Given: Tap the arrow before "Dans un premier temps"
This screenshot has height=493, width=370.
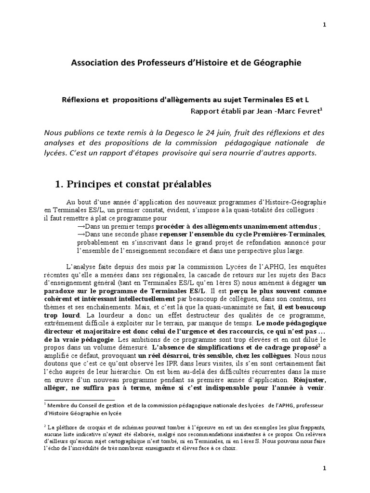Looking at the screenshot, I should pos(81,226).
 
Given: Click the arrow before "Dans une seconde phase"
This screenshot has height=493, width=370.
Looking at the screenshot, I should pos(81,234).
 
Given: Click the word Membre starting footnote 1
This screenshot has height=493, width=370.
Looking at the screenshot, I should pos(60,406).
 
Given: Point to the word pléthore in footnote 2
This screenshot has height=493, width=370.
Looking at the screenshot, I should pos(68,428).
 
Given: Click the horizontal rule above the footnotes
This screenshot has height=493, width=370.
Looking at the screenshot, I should pos(79,400).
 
